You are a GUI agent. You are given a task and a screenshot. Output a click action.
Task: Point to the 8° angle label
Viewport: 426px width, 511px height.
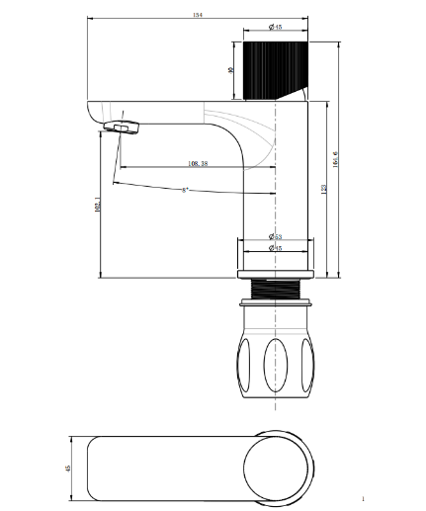185,189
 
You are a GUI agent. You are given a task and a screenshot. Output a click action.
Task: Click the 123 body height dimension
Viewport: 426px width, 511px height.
325,187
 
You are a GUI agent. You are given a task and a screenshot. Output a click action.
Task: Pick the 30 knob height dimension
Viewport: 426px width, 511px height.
230,71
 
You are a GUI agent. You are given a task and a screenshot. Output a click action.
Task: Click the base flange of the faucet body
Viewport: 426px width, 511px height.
276,272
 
